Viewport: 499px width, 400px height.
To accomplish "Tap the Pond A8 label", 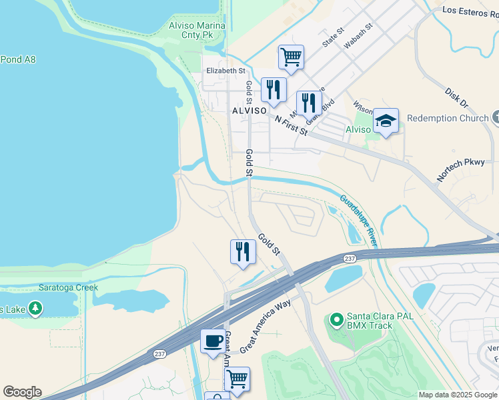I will [x=18, y=59].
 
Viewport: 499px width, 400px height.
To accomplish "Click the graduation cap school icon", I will [x=386, y=121].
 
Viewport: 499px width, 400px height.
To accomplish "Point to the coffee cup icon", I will [x=213, y=341].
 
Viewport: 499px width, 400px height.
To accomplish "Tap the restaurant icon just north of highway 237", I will [x=242, y=251].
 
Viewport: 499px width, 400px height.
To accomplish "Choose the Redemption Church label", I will [x=448, y=118].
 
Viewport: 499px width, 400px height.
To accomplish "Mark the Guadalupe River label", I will [x=359, y=220].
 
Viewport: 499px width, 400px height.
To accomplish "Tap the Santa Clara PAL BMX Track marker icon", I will [x=336, y=321].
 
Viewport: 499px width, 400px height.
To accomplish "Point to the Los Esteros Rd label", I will [x=470, y=11].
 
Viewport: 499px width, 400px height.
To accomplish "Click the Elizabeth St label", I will [x=225, y=71].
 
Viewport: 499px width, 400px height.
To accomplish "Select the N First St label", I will [x=291, y=125].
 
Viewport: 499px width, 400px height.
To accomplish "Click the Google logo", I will [x=22, y=392].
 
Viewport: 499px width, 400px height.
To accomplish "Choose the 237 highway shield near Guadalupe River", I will [x=349, y=258].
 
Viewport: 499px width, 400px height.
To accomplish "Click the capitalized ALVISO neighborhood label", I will [x=249, y=110].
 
